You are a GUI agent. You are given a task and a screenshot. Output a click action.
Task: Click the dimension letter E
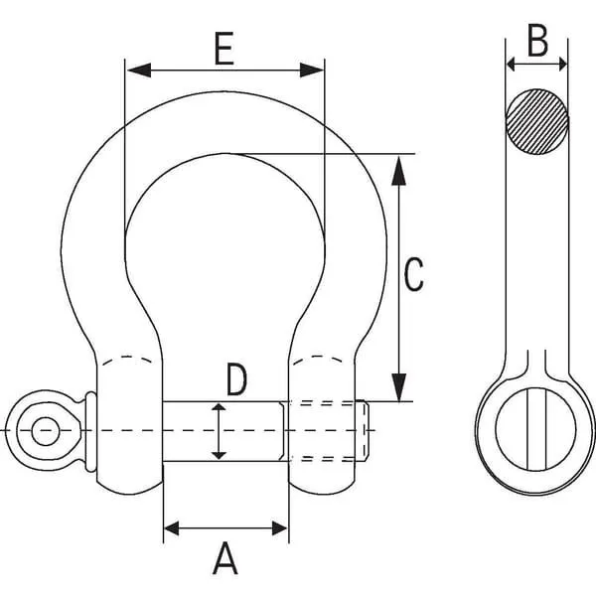[x=223, y=49]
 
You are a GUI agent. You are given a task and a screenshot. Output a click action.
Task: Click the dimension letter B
[x=537, y=41]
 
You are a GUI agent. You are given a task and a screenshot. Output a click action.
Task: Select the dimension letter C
[x=413, y=274]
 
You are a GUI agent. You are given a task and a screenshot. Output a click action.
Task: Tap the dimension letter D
[x=236, y=379]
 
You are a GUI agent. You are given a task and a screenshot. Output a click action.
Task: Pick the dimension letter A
[x=225, y=558]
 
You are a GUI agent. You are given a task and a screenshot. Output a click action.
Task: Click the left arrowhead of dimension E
[x=139, y=71]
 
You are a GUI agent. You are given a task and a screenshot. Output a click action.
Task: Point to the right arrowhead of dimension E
[x=312, y=71]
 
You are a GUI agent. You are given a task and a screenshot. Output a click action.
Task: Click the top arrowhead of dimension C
[x=398, y=170]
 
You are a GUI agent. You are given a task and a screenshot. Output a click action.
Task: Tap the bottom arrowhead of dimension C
[x=398, y=387]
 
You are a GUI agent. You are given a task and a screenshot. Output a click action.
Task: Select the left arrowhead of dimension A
[x=171, y=528]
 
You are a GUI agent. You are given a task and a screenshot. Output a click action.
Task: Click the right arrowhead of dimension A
[x=280, y=528]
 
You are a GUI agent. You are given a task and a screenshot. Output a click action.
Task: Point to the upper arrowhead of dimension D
[x=219, y=407]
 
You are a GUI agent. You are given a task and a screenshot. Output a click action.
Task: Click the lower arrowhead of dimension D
[x=219, y=455]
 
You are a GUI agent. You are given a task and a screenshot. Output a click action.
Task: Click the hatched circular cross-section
[x=537, y=121]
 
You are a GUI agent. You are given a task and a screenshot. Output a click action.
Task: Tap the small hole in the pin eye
[x=46, y=431]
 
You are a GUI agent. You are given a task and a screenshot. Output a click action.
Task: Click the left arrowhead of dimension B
[x=511, y=65]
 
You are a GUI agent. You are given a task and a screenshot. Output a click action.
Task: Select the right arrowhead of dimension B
[x=563, y=65]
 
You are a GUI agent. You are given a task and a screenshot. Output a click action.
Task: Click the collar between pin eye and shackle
[x=91, y=431]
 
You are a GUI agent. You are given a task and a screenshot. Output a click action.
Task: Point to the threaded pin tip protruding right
[x=363, y=431]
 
